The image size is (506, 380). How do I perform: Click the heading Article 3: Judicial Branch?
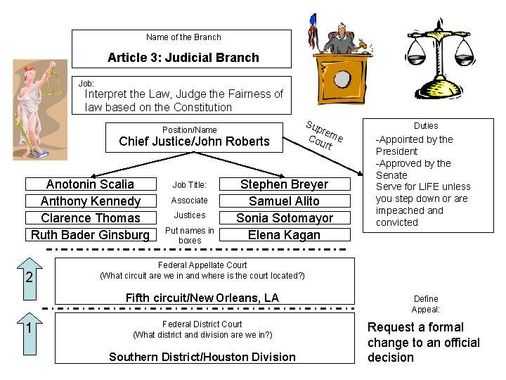(183, 58)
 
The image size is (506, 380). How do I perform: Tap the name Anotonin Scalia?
(90, 184)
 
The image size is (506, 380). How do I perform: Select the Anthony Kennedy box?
(90, 201)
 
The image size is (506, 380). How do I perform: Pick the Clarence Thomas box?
(90, 218)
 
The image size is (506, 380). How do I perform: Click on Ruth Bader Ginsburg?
(90, 235)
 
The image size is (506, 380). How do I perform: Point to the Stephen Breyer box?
(284, 184)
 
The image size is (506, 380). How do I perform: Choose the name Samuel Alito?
(284, 201)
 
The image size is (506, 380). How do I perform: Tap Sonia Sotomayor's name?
(284, 218)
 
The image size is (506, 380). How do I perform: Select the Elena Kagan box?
(284, 235)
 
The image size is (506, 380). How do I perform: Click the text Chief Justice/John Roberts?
(194, 141)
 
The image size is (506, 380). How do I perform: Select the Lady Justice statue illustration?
(34, 109)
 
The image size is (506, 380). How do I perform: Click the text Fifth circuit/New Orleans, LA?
(202, 298)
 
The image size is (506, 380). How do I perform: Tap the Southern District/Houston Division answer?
(202, 357)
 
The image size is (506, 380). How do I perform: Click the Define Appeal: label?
(426, 304)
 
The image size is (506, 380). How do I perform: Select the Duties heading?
(426, 125)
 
